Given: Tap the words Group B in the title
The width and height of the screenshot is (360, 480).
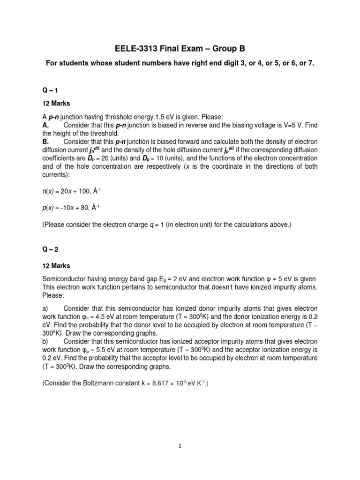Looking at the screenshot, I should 226,49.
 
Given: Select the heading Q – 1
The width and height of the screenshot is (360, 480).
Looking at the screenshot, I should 50,90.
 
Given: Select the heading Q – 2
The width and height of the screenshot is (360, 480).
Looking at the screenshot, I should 50,249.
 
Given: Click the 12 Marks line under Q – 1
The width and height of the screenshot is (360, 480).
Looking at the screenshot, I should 57,102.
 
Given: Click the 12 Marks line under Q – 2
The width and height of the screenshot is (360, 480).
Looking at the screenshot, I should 57,266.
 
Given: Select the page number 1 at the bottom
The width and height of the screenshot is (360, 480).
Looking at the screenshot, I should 180,447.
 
